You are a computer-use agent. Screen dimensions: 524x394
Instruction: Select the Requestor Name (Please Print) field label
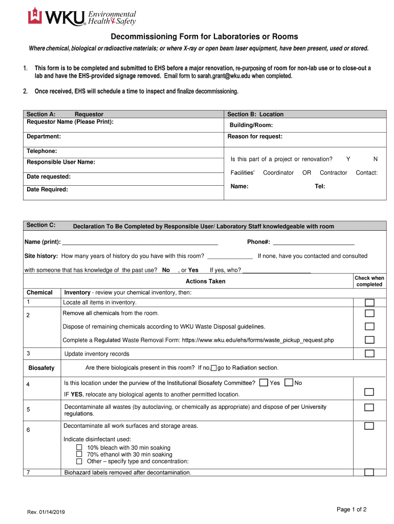pos(70,122)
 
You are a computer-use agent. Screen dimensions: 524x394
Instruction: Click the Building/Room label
pos(251,125)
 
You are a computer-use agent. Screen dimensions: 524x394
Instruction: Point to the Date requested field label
pos(49,177)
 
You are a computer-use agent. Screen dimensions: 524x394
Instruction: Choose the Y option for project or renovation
pos(348,159)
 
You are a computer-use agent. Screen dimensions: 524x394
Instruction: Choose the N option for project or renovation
pos(376,159)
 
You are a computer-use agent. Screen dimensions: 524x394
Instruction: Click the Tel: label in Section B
pos(320,186)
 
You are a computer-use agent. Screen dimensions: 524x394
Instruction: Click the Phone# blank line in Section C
pos(314,242)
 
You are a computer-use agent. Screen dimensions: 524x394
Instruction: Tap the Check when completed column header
pos(369,281)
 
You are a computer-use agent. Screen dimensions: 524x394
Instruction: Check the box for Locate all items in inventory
pos(369,302)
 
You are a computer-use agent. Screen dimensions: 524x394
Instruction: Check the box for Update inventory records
pos(369,354)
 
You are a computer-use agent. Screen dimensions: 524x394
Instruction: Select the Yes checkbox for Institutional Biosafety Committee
pos(264,382)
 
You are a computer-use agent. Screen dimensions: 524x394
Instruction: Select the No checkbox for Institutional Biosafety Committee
pos(289,382)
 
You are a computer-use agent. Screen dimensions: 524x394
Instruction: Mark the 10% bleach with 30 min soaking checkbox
pos(79,447)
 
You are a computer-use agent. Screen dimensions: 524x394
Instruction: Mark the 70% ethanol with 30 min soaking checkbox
pos(79,454)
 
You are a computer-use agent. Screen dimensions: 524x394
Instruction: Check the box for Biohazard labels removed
pos(369,472)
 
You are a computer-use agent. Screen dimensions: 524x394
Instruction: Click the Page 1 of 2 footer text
pos(351,509)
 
